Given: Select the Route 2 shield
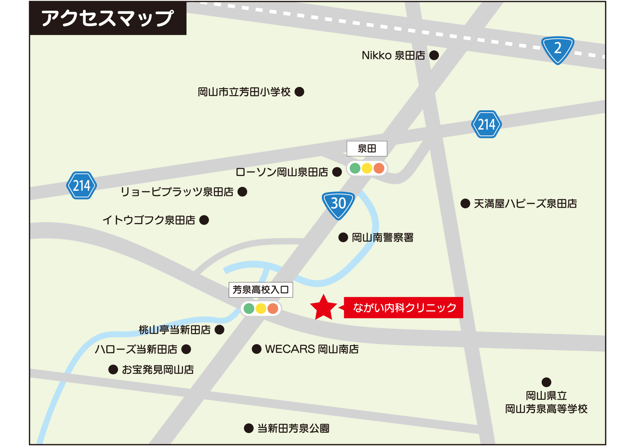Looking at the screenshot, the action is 557,49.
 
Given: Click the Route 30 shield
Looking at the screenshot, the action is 338,205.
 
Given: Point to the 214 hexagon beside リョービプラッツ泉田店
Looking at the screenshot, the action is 81,185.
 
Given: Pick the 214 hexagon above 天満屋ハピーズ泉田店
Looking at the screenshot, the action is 486,124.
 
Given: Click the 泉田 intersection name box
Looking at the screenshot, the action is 367,148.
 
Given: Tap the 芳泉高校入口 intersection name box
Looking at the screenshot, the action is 260,289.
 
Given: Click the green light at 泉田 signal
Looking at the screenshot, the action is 355,168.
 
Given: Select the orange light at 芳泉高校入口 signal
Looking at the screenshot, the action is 273,309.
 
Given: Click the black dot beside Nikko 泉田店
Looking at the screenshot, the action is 434,55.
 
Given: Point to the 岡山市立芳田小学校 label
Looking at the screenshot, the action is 244,92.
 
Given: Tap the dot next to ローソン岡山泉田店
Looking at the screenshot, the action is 337,172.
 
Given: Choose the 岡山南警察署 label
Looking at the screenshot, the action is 383,238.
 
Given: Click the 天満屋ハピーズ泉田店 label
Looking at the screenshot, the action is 525,204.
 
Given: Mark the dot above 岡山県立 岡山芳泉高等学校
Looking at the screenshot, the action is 546,382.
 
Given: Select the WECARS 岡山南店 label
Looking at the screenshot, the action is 312,349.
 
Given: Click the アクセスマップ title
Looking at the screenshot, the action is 108,18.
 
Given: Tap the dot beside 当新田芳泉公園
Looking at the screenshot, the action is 249,428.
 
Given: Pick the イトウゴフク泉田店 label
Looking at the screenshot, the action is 149,220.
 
